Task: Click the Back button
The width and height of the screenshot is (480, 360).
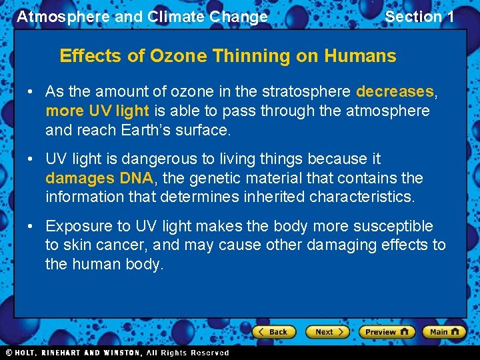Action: (274, 331)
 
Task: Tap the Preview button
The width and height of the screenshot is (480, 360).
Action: (387, 331)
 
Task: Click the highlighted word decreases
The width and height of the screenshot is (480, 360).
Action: (395, 91)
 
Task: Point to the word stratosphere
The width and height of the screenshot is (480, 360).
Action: (311, 91)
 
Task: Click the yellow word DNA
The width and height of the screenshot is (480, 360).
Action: (136, 178)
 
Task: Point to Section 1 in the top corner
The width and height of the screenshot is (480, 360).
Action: (419, 17)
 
